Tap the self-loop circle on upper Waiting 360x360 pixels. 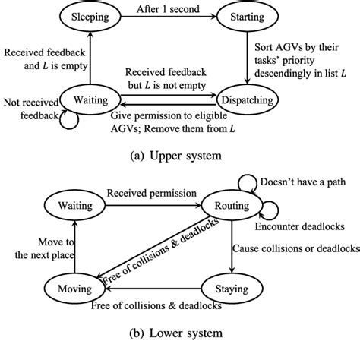70,117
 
